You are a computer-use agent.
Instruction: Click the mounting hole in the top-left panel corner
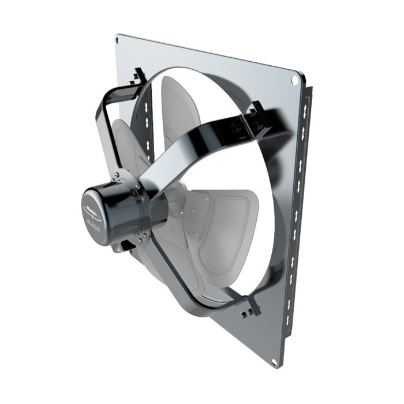pos(118,40)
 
